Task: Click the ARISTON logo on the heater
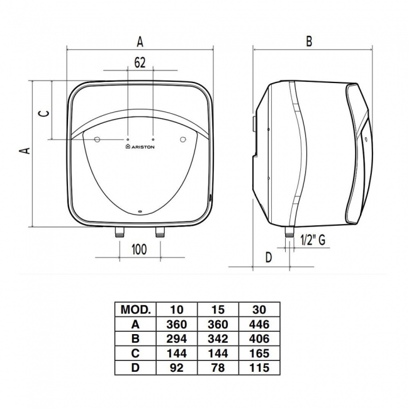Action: [x=140, y=147]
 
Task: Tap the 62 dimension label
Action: [x=140, y=62]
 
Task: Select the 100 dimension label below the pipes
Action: [x=139, y=249]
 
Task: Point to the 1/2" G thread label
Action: [x=313, y=240]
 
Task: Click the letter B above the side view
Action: [x=309, y=41]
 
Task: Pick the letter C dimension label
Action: [x=44, y=113]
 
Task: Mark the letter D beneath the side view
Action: [x=269, y=257]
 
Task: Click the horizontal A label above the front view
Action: [x=140, y=42]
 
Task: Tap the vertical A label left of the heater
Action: [x=25, y=150]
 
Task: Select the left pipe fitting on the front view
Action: [x=120, y=232]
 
